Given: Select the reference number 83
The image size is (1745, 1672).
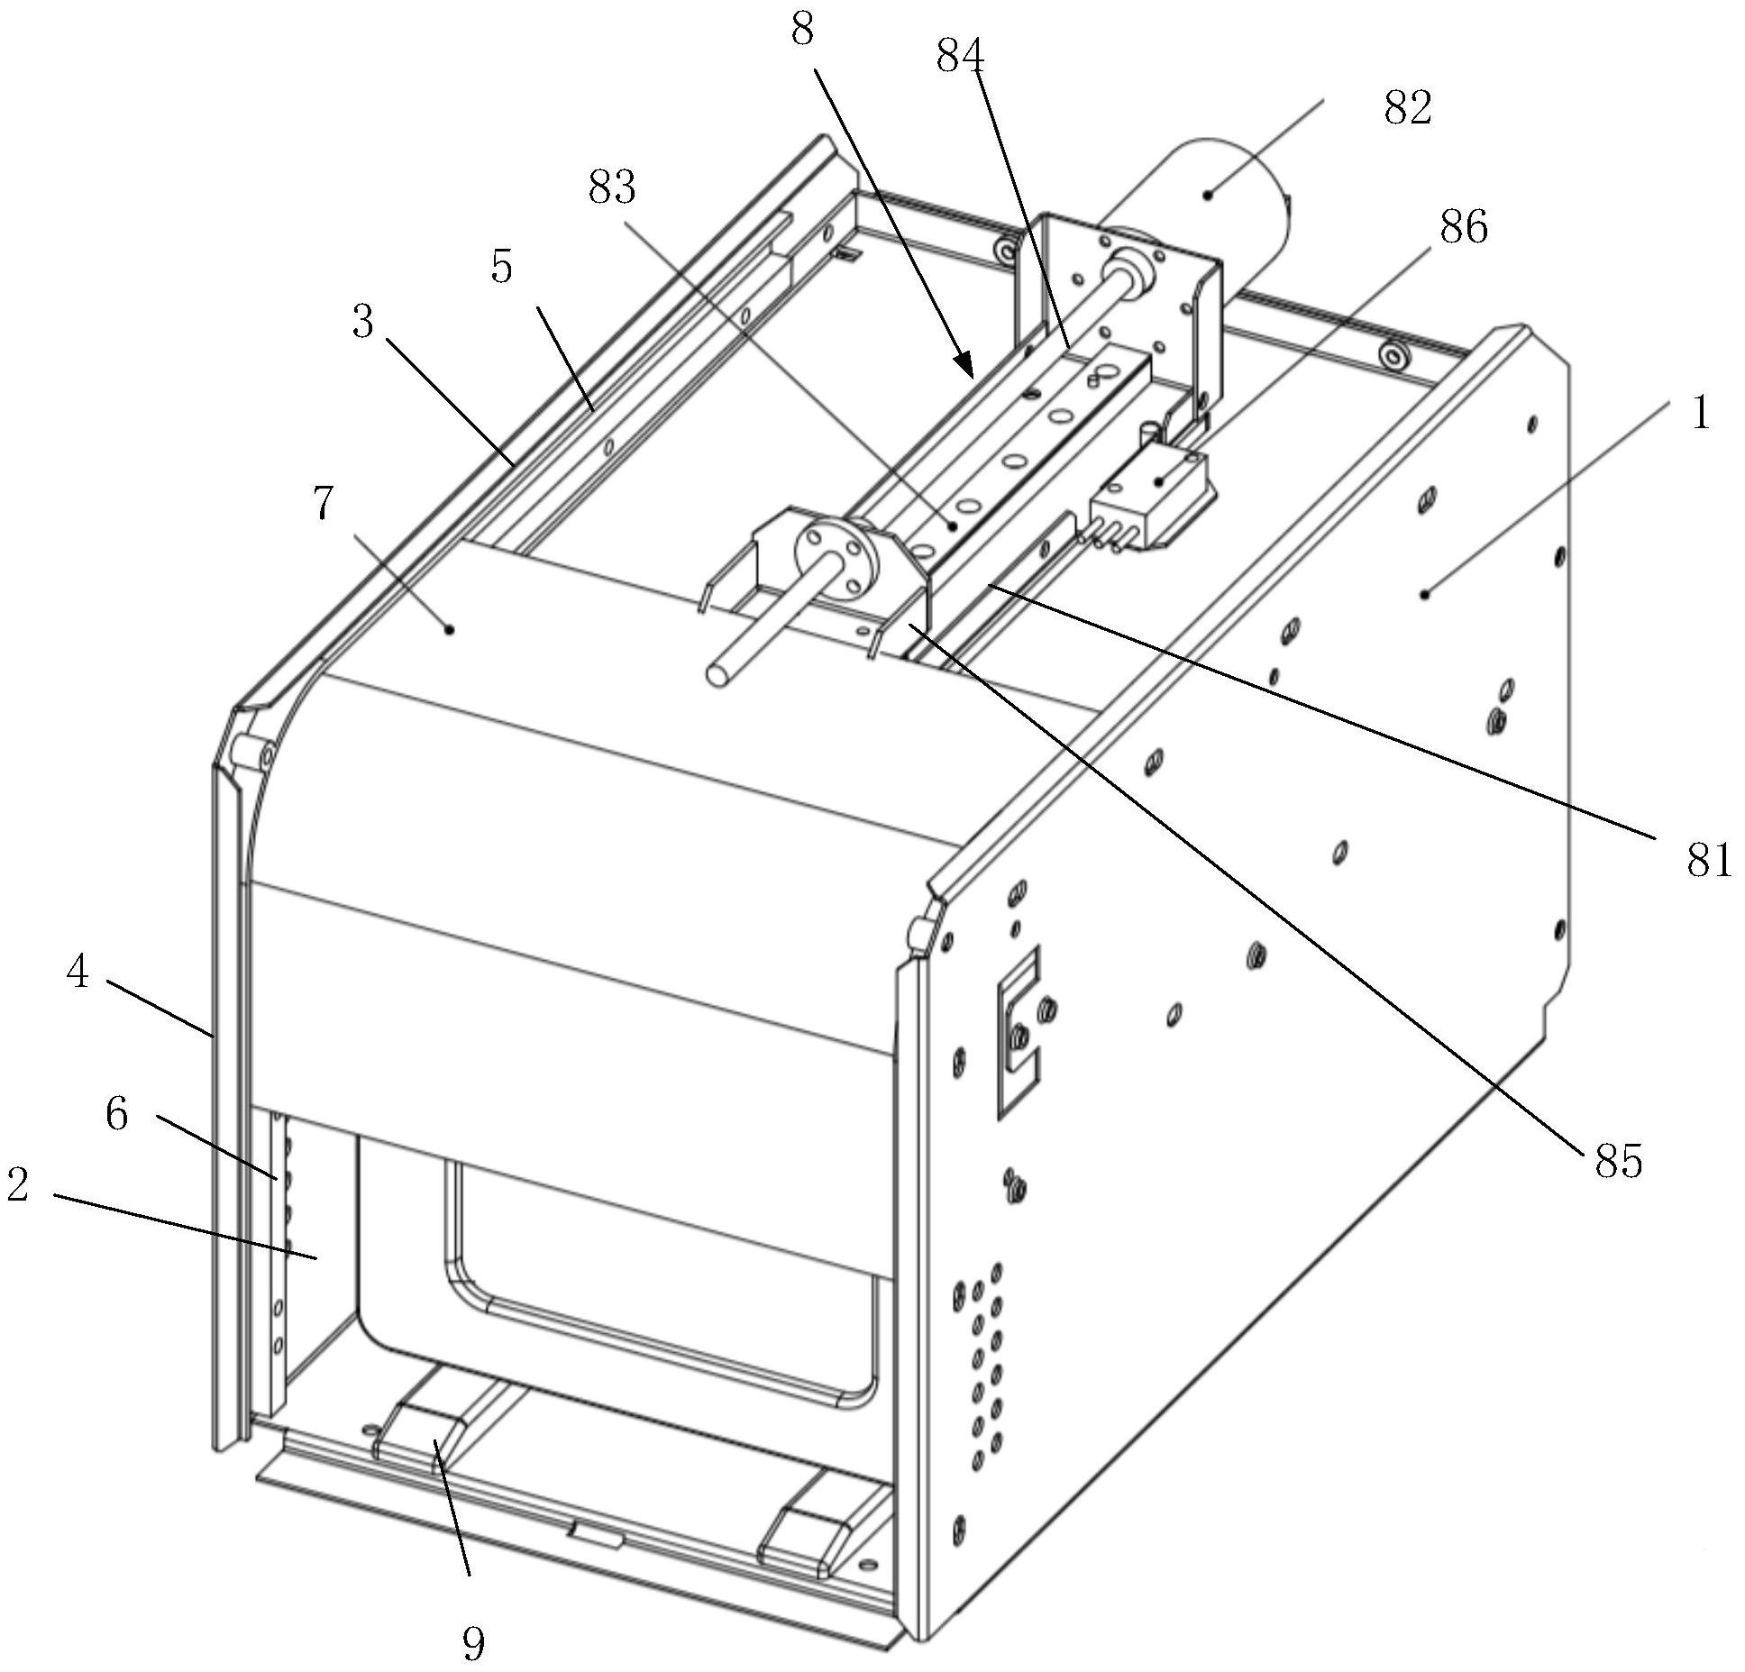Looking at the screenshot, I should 612,188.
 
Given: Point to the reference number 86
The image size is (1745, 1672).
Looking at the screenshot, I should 1464,227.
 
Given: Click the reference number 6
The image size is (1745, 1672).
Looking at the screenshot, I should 117,1115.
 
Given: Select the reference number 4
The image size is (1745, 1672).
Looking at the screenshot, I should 78,973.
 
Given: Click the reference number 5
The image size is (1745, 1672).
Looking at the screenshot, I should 502,267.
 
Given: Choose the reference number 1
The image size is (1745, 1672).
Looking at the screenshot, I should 1699,415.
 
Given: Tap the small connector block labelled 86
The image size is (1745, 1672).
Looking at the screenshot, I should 1154,500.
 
